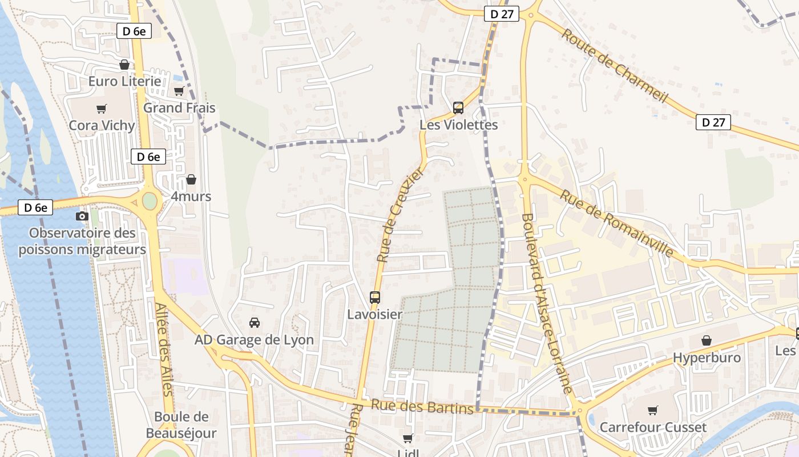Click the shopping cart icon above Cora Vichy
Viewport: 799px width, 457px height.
click(x=102, y=109)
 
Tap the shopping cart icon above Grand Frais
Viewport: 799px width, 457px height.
click(x=179, y=91)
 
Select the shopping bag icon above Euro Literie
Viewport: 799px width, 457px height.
click(x=124, y=65)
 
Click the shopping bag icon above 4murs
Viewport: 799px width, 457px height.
click(x=191, y=179)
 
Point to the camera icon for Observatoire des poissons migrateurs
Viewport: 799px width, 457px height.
click(x=82, y=216)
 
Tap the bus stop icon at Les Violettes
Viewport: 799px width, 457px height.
click(x=458, y=107)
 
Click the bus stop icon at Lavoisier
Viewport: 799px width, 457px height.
click(x=375, y=297)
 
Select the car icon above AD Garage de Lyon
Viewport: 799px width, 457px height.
click(x=255, y=323)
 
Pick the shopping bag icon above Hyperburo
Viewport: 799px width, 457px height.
click(x=707, y=340)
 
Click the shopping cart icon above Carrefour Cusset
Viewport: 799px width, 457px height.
click(x=653, y=410)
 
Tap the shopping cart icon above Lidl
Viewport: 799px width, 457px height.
click(x=408, y=439)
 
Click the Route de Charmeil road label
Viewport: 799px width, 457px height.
click(x=614, y=65)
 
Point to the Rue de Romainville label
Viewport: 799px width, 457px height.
click(x=616, y=223)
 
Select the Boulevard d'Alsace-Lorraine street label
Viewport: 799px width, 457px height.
click(x=546, y=303)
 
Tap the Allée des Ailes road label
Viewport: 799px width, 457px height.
click(x=164, y=349)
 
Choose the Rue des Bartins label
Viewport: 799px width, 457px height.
click(x=422, y=406)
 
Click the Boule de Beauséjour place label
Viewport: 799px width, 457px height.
click(x=181, y=424)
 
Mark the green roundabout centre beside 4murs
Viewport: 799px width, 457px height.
click(x=149, y=201)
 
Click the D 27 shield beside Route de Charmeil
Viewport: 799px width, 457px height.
click(x=713, y=122)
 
